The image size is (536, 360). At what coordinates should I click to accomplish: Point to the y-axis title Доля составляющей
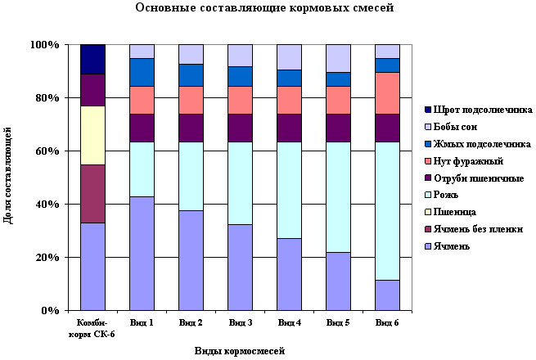coord(7,175)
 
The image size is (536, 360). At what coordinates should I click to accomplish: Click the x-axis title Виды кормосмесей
coord(240,351)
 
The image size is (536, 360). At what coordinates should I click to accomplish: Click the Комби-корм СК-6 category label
coord(92,328)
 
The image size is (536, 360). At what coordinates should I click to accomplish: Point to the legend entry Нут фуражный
coord(468,161)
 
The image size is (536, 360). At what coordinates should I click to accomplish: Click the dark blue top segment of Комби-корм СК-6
coord(92,59)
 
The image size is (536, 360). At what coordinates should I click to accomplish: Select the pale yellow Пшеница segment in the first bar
coord(92,135)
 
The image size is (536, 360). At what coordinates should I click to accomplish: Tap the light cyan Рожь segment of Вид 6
coord(387,211)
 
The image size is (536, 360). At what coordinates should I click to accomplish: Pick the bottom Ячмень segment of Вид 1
coord(142,254)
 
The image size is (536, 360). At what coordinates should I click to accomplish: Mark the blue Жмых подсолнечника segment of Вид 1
coord(142,72)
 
